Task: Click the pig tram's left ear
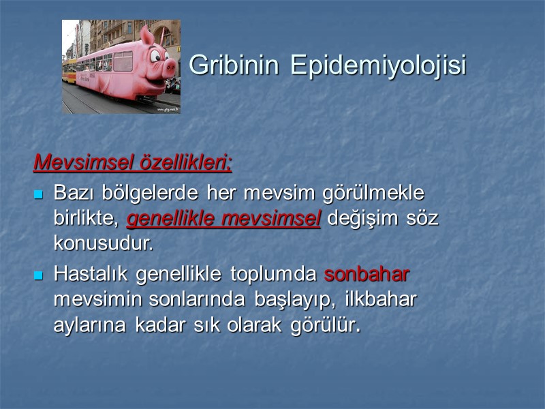(x=146, y=35)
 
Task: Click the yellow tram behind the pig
(x=69, y=70)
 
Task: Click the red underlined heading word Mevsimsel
(x=77, y=163)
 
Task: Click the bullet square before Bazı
(x=39, y=194)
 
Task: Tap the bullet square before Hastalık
(x=39, y=275)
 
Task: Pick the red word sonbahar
(x=367, y=275)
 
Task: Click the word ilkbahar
(x=381, y=300)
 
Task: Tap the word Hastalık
(x=92, y=275)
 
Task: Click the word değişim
(x=360, y=219)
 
